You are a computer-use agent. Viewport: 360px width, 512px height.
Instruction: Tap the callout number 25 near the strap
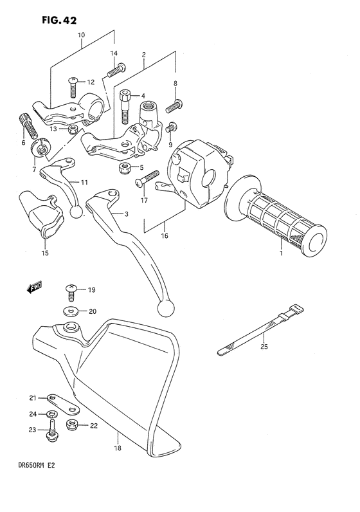[264, 347]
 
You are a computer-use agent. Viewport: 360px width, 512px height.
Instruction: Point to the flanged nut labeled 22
[73, 426]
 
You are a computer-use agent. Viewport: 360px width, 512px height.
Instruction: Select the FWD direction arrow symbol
[33, 289]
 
